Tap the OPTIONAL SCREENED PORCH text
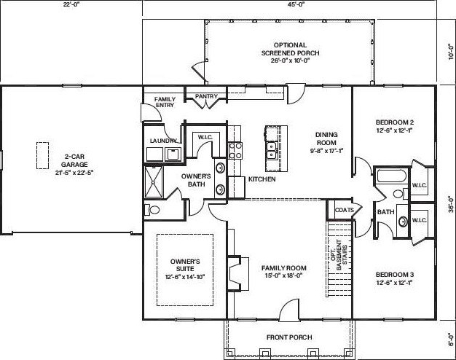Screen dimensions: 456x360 click(x=290, y=49)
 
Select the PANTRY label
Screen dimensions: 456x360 click(x=206, y=96)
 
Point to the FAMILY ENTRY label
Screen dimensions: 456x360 click(x=165, y=102)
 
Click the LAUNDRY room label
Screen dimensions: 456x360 click(x=163, y=141)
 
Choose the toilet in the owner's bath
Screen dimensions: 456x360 click(x=152, y=210)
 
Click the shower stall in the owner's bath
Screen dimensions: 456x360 click(x=154, y=182)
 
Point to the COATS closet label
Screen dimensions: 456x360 click(x=345, y=210)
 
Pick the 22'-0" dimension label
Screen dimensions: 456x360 click(x=71, y=4)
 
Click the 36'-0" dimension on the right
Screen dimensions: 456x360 click(x=451, y=205)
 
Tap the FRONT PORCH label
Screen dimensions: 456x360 click(x=289, y=337)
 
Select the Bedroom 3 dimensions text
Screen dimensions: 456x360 click(x=395, y=282)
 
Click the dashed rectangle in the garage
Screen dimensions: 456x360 click(x=42, y=155)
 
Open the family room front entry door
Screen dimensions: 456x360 click(x=288, y=310)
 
